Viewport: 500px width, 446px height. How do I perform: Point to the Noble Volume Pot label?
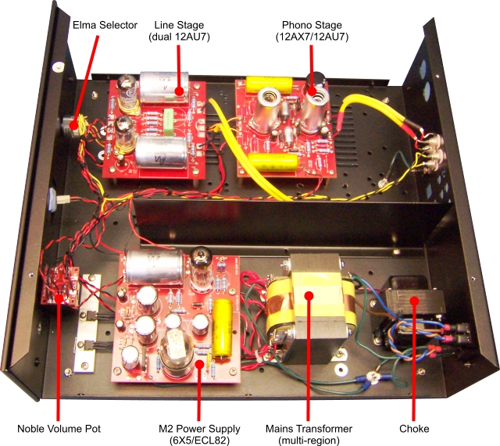coord(59,428)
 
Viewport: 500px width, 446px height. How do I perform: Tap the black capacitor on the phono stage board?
coord(319,80)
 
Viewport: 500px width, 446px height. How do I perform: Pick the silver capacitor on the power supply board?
coord(153,269)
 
